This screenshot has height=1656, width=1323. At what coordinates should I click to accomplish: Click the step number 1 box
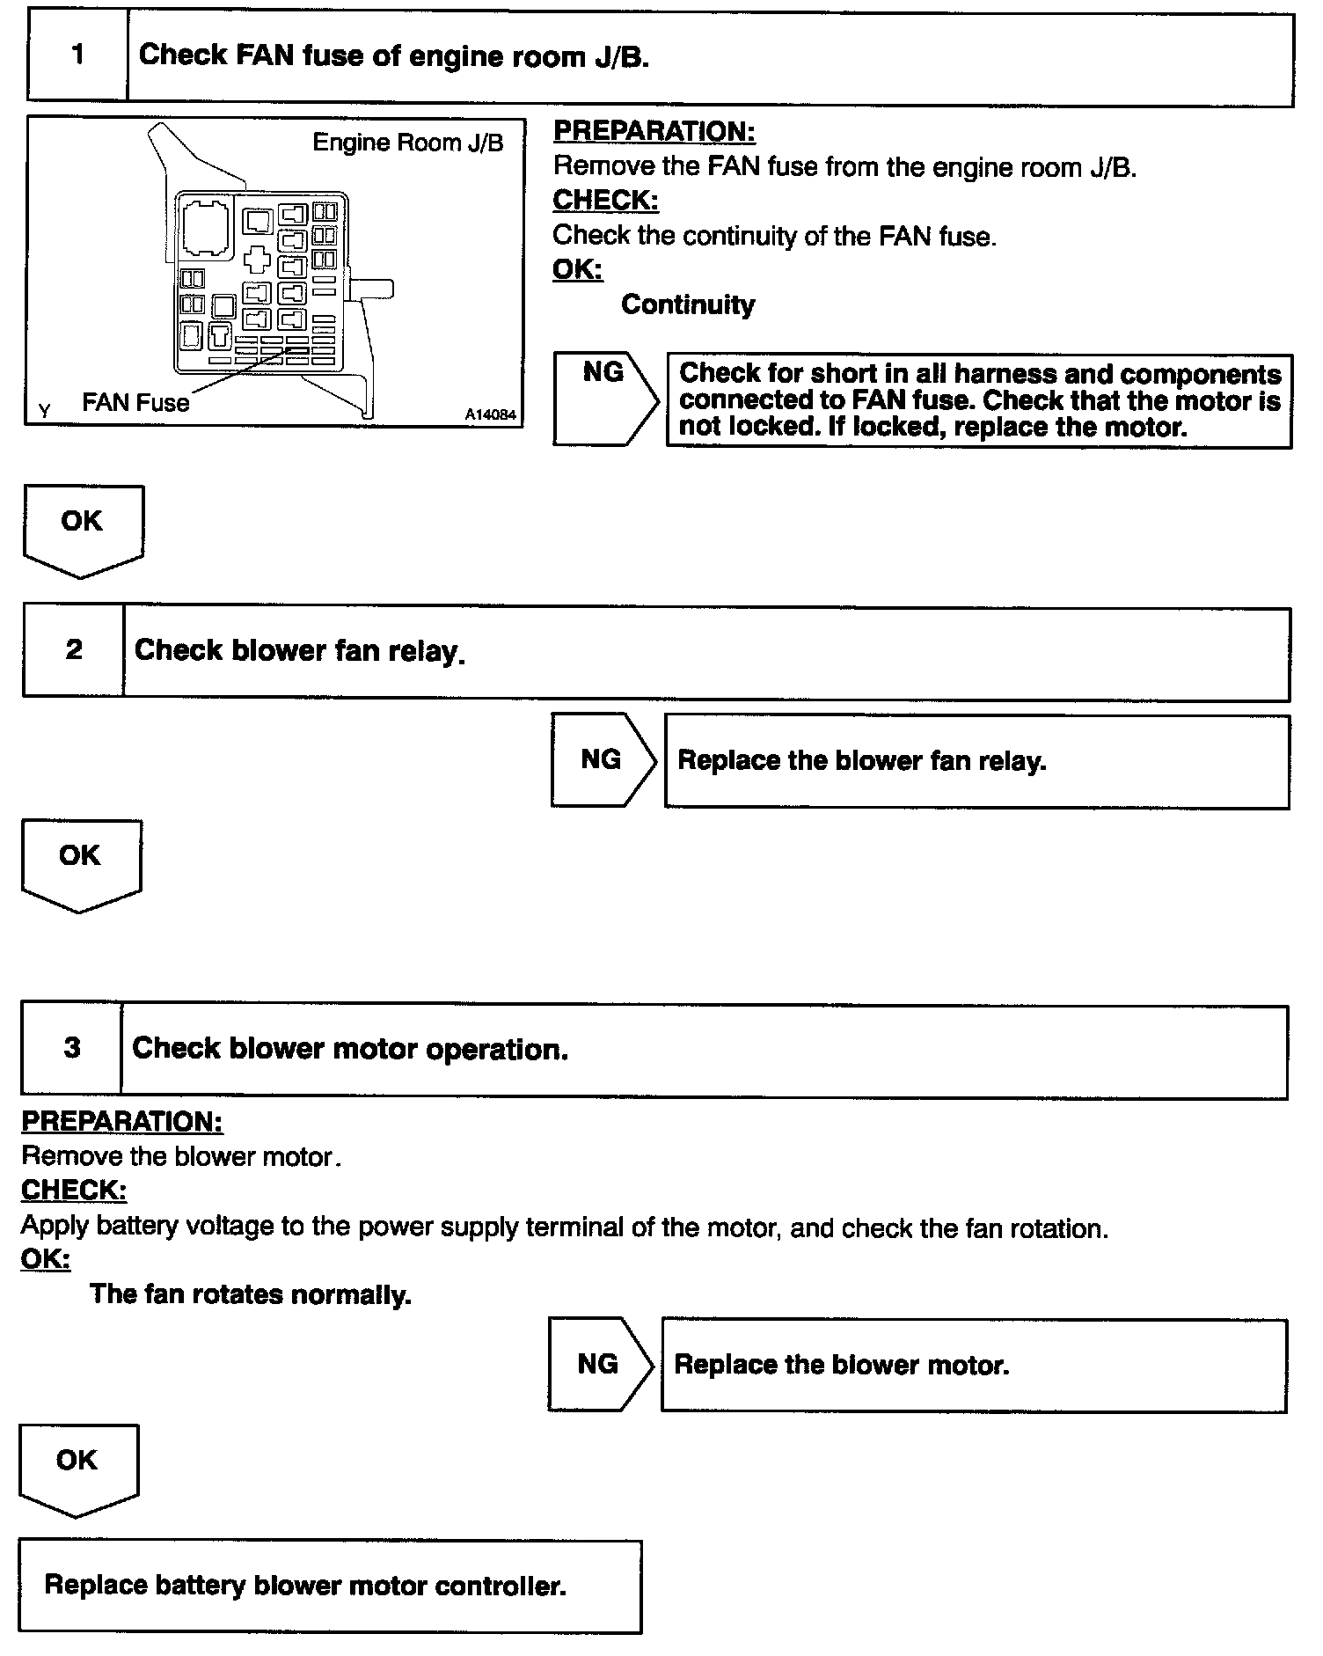click(x=77, y=55)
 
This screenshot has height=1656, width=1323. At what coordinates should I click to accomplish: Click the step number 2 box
click(x=74, y=650)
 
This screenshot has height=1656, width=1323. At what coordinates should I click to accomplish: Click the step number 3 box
click(x=72, y=1048)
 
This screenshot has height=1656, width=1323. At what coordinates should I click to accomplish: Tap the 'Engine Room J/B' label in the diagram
click(x=408, y=143)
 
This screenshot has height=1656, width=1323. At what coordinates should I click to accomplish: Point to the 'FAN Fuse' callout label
click(x=135, y=402)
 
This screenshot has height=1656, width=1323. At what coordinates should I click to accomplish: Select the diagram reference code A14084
click(x=491, y=414)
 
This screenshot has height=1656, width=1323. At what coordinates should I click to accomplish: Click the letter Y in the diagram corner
click(x=45, y=411)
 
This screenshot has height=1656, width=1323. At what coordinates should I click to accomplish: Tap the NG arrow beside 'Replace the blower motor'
click(x=600, y=1364)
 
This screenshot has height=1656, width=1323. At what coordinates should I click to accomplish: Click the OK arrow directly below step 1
click(x=83, y=528)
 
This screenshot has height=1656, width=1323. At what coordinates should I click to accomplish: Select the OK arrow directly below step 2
click(x=80, y=862)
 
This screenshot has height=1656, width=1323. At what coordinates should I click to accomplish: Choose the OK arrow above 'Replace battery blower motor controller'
click(x=77, y=1468)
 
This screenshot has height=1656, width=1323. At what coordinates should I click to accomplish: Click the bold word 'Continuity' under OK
click(x=688, y=304)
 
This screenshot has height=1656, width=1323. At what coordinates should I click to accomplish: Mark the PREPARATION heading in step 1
click(x=654, y=132)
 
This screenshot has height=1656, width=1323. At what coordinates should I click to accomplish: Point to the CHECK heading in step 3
click(x=74, y=1190)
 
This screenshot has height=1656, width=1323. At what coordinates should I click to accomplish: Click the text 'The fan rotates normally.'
click(x=251, y=1293)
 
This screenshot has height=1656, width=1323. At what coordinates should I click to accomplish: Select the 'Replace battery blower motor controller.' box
click(x=330, y=1586)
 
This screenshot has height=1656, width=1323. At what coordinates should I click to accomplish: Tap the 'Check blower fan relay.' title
click(x=299, y=650)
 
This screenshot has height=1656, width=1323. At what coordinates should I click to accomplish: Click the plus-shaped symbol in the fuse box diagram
click(x=258, y=259)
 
